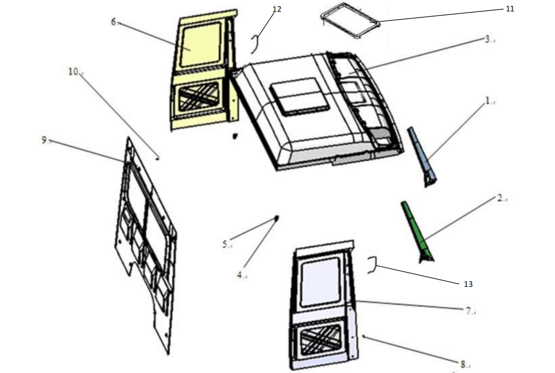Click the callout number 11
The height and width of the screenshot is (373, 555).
pyautogui.click(x=510, y=8)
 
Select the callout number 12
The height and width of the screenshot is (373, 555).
pyautogui.click(x=277, y=9)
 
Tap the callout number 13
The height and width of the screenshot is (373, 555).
pyautogui.click(x=468, y=284)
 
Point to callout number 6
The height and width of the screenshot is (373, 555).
pyautogui.click(x=113, y=22)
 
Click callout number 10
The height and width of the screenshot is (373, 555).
pyautogui.click(x=73, y=72)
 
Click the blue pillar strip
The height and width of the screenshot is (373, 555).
pyautogui.click(x=422, y=157)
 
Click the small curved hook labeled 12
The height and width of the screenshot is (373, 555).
pyautogui.click(x=256, y=44)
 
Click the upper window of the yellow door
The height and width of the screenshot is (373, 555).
pyautogui.click(x=201, y=45)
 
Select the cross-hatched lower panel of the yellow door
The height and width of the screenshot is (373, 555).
pyautogui.click(x=198, y=96)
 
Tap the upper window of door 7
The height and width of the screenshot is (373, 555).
pyautogui.click(x=320, y=282)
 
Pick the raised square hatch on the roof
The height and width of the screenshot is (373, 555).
pyautogui.click(x=299, y=96)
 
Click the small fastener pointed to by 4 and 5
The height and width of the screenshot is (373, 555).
pyautogui.click(x=276, y=218)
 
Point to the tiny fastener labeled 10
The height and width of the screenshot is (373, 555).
pyautogui.click(x=157, y=158)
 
